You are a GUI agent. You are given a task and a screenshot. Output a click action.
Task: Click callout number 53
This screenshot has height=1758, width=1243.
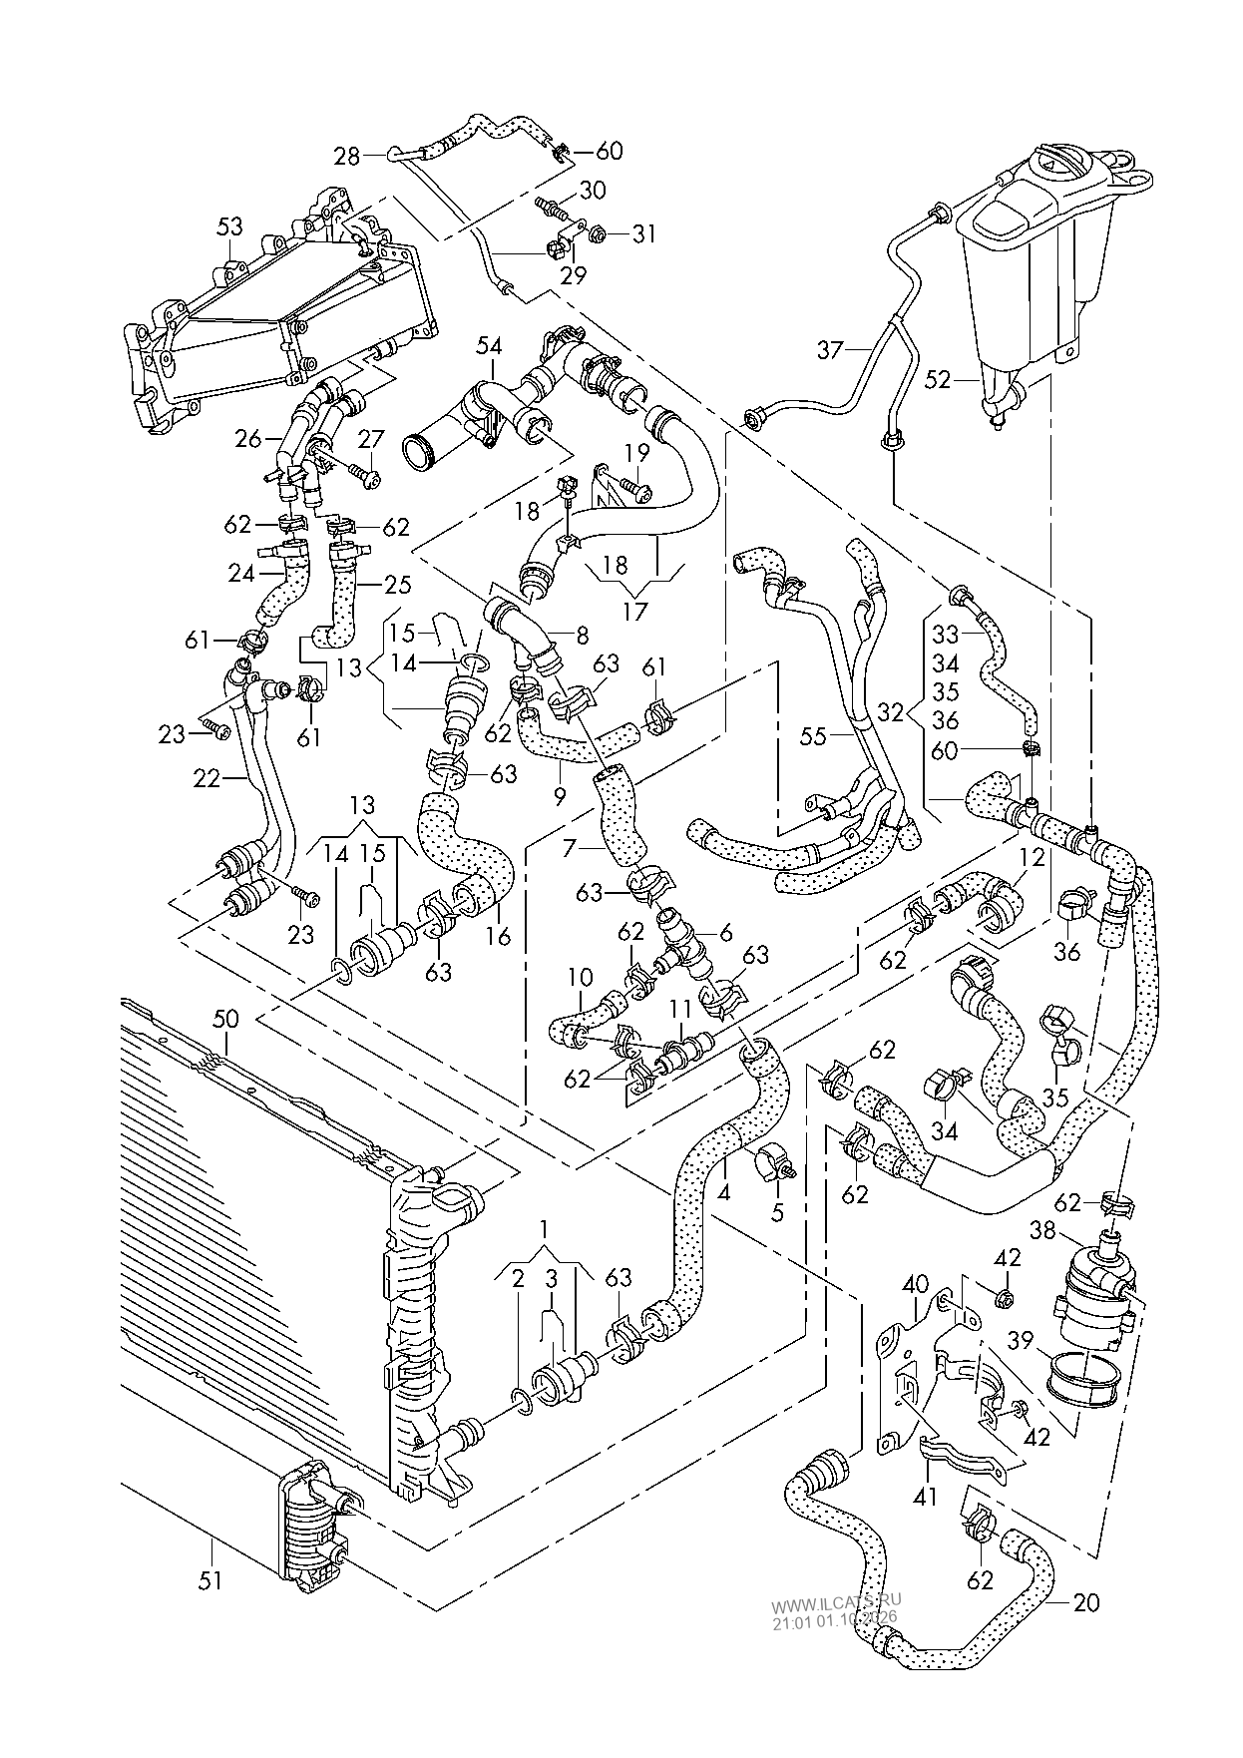point(229,227)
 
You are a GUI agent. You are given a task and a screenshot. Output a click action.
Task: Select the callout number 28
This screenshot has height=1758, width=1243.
point(347,156)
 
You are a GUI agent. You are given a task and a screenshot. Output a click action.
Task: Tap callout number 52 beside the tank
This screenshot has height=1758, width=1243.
point(938,379)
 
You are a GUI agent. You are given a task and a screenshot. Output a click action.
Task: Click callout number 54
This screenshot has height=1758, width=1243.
point(489,345)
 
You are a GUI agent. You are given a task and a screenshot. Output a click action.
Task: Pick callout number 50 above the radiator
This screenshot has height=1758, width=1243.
point(226,1018)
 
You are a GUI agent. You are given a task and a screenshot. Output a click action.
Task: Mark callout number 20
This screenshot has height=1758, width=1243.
point(1086,1602)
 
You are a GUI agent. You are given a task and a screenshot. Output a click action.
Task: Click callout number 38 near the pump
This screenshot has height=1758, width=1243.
point(1042,1232)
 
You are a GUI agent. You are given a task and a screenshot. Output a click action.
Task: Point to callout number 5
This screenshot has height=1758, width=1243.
point(777,1213)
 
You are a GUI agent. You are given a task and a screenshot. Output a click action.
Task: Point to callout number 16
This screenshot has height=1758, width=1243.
point(498,936)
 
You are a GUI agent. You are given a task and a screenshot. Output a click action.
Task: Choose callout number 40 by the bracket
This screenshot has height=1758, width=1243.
point(915,1283)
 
